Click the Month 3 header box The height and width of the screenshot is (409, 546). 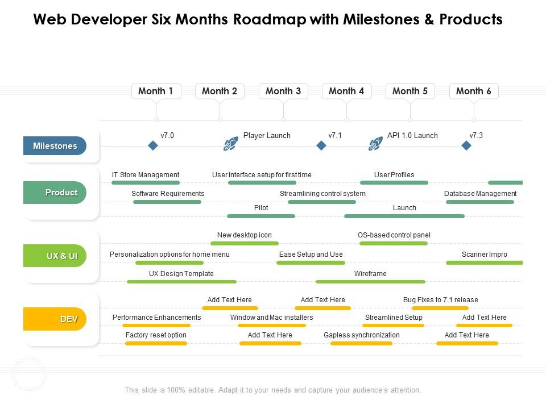pos(283,91)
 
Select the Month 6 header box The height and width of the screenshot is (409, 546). pos(473,91)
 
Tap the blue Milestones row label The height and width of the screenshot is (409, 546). pos(55,146)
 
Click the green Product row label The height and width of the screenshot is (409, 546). pos(55,193)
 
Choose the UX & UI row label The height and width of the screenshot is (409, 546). pos(55,256)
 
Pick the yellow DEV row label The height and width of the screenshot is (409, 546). pos(55,319)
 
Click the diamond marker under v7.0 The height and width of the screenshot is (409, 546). pos(152,146)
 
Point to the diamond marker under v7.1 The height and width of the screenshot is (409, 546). pos(321,146)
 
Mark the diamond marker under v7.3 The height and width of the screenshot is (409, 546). pos(466,146)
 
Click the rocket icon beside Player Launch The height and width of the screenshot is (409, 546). pos(230,144)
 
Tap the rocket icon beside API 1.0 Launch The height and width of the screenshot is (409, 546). pos(375,144)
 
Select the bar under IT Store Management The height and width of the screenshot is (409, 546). pos(146,183)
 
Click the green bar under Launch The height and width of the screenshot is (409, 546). pos(404,216)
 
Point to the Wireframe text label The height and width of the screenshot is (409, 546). pos(370,274)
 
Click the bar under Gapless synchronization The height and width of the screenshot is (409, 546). pos(358,343)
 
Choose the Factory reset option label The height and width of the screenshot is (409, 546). pos(156,335)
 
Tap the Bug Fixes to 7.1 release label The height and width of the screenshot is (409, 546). pos(440,300)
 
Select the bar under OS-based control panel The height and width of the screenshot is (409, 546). pos(394,244)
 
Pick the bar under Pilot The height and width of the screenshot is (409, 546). pos(261,216)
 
